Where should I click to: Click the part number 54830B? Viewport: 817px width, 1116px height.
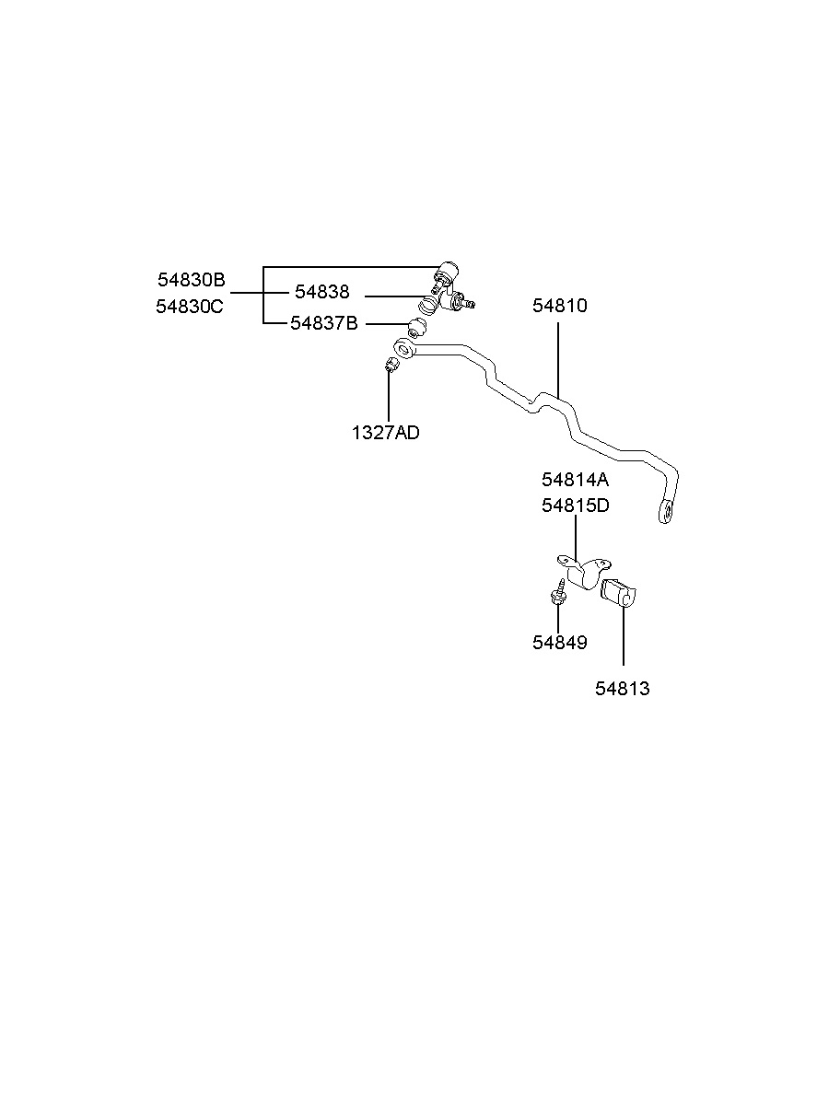(x=191, y=280)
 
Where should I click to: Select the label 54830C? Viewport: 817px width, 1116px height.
(x=190, y=307)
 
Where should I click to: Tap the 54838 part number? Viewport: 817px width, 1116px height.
(x=321, y=292)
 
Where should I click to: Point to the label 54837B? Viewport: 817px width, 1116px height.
(x=323, y=323)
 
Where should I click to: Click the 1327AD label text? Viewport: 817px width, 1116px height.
(x=385, y=432)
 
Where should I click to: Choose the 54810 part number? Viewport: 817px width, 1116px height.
(x=559, y=306)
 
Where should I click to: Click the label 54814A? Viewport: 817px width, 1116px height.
(x=575, y=480)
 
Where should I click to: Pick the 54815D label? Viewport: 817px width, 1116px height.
(x=575, y=506)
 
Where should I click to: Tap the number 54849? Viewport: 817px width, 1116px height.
(x=559, y=643)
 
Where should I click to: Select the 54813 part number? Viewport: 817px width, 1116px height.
(x=622, y=689)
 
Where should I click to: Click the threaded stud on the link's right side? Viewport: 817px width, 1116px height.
(x=468, y=301)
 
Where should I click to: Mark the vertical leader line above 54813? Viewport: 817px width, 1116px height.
(x=624, y=635)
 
